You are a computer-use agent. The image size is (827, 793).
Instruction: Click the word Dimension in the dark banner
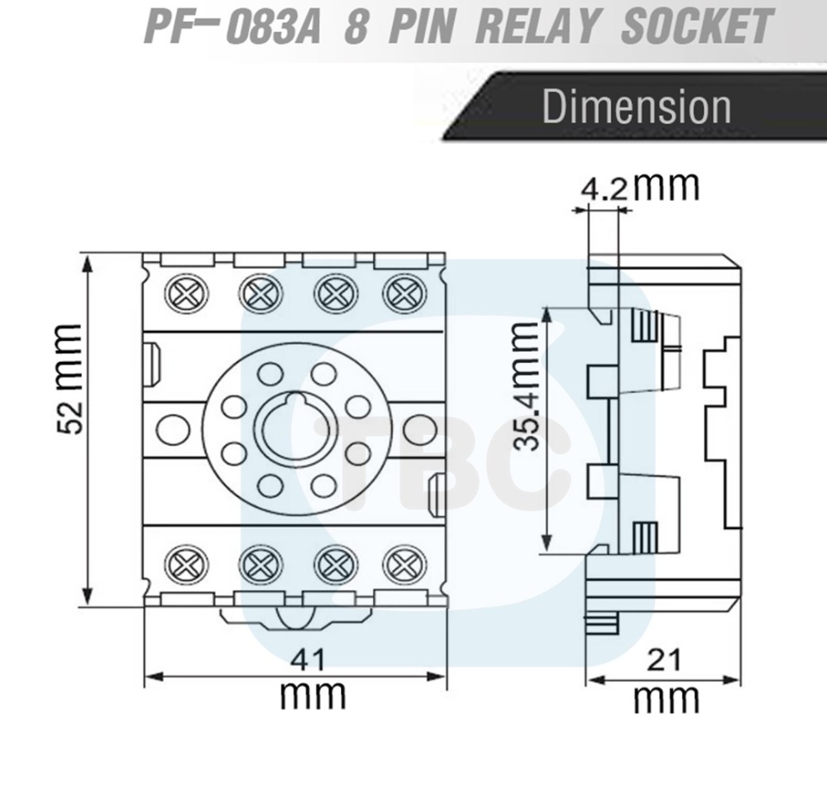click(x=637, y=107)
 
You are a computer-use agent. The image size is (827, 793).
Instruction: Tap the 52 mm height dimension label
click(x=70, y=378)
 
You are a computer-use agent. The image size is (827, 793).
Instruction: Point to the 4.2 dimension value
click(x=605, y=189)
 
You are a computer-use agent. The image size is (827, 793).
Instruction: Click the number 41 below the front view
click(x=308, y=660)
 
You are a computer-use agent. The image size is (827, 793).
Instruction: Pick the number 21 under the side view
click(x=664, y=660)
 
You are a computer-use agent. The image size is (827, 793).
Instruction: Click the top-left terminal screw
click(x=186, y=293)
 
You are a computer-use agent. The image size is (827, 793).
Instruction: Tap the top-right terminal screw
click(x=405, y=293)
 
